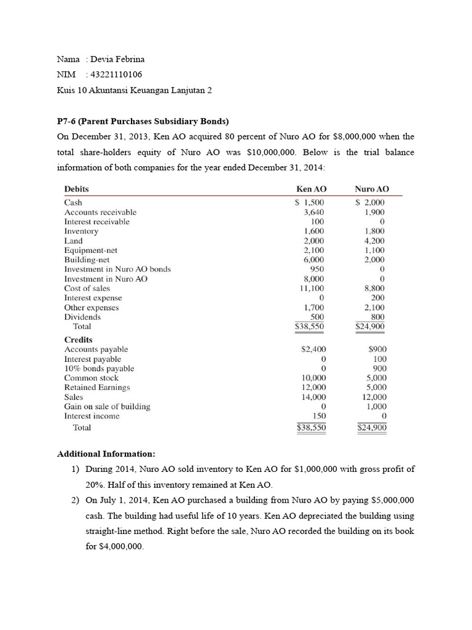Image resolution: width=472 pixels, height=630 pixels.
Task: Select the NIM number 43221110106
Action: (x=116, y=74)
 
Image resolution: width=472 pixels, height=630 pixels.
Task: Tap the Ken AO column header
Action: (x=311, y=189)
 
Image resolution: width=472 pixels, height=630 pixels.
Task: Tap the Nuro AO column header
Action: (x=372, y=189)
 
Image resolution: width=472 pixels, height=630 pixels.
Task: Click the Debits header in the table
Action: (x=77, y=189)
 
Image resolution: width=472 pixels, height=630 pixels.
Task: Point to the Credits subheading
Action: (x=79, y=340)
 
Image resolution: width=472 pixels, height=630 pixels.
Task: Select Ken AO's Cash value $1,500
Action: (x=310, y=202)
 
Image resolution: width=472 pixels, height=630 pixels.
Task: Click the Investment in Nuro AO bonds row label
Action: (x=117, y=269)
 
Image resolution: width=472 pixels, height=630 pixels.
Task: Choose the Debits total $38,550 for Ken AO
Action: (x=310, y=327)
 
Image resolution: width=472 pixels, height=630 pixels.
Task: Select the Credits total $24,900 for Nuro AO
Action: (x=371, y=428)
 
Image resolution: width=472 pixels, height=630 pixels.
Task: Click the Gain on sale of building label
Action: (x=107, y=407)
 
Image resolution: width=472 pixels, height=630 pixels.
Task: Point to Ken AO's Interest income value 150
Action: (x=318, y=416)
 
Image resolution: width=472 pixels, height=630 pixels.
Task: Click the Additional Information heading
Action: (x=106, y=453)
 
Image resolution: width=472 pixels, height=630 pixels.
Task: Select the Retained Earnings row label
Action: (x=97, y=388)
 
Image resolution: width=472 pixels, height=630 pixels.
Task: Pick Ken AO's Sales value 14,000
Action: (x=313, y=397)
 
